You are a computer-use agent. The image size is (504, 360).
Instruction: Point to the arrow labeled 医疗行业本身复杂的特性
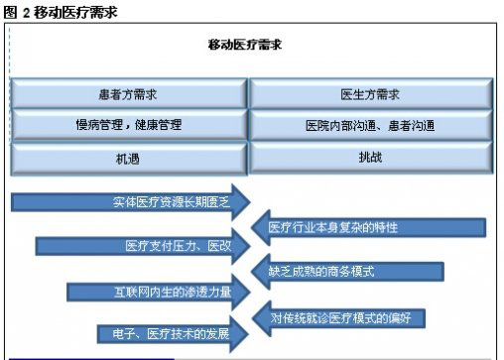367,228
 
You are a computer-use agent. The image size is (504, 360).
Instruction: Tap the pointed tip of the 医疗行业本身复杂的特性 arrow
255,227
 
